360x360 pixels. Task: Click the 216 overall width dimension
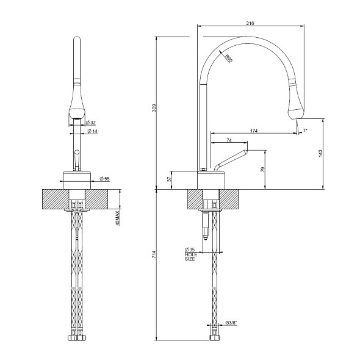coord(250,23)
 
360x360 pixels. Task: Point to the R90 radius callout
coord(229,59)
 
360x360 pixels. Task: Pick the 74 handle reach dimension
coord(228,141)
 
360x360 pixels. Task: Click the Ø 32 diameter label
coord(92,123)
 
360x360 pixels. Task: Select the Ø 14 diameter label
coord(92,131)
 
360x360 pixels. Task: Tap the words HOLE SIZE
coord(190,257)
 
